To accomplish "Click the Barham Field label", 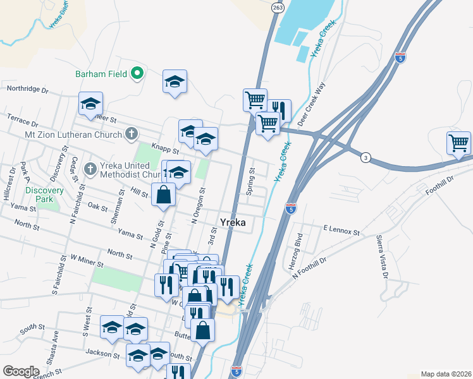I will coord(101,74).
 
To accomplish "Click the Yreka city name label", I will coord(232,222).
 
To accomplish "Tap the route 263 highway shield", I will coord(278,7).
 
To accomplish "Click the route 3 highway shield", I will coord(365,156).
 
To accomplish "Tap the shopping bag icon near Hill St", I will coord(164,195).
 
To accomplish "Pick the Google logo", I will coord(21,371).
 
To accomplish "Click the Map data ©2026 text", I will coord(445,374).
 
